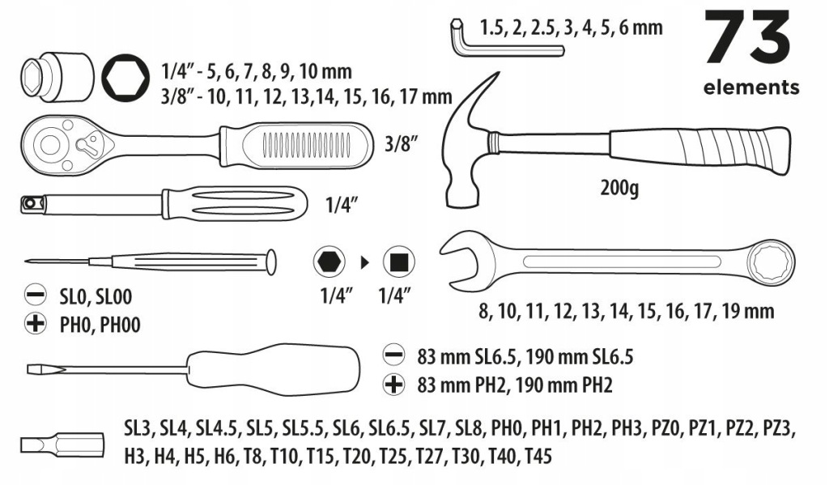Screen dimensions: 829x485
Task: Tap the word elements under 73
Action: click(x=750, y=87)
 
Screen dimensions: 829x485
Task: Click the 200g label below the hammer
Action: click(x=619, y=188)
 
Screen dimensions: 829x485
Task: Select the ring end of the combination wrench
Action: click(x=772, y=262)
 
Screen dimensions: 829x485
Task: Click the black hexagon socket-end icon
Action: click(x=329, y=262)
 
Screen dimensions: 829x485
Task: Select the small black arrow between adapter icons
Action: click(x=364, y=262)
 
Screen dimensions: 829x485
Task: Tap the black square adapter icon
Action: click(x=398, y=262)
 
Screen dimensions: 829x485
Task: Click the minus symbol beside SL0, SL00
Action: click(x=36, y=295)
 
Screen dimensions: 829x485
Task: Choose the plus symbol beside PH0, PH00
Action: click(x=36, y=323)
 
